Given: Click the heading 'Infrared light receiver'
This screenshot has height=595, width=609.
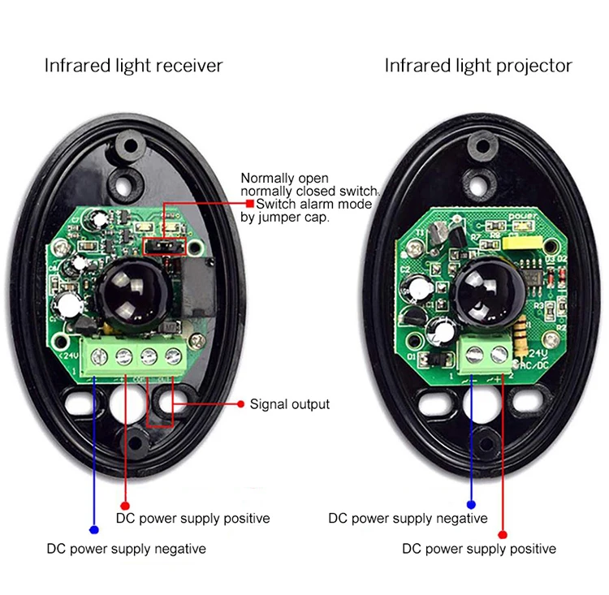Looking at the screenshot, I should click(x=133, y=66).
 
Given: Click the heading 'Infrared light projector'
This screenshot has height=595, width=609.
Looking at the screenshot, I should click(x=478, y=66).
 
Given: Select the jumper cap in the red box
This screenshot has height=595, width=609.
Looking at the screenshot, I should click(x=165, y=246).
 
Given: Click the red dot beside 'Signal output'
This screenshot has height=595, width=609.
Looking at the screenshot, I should click(x=240, y=403).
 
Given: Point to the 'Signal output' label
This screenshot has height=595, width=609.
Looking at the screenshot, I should click(x=289, y=403).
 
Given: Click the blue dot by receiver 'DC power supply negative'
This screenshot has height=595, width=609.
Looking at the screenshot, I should click(x=94, y=530).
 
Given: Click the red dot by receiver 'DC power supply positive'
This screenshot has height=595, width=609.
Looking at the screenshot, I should click(x=124, y=503).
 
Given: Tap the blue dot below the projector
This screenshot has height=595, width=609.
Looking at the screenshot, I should click(x=470, y=503).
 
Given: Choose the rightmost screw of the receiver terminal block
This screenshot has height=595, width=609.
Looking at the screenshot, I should click(x=172, y=355).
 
